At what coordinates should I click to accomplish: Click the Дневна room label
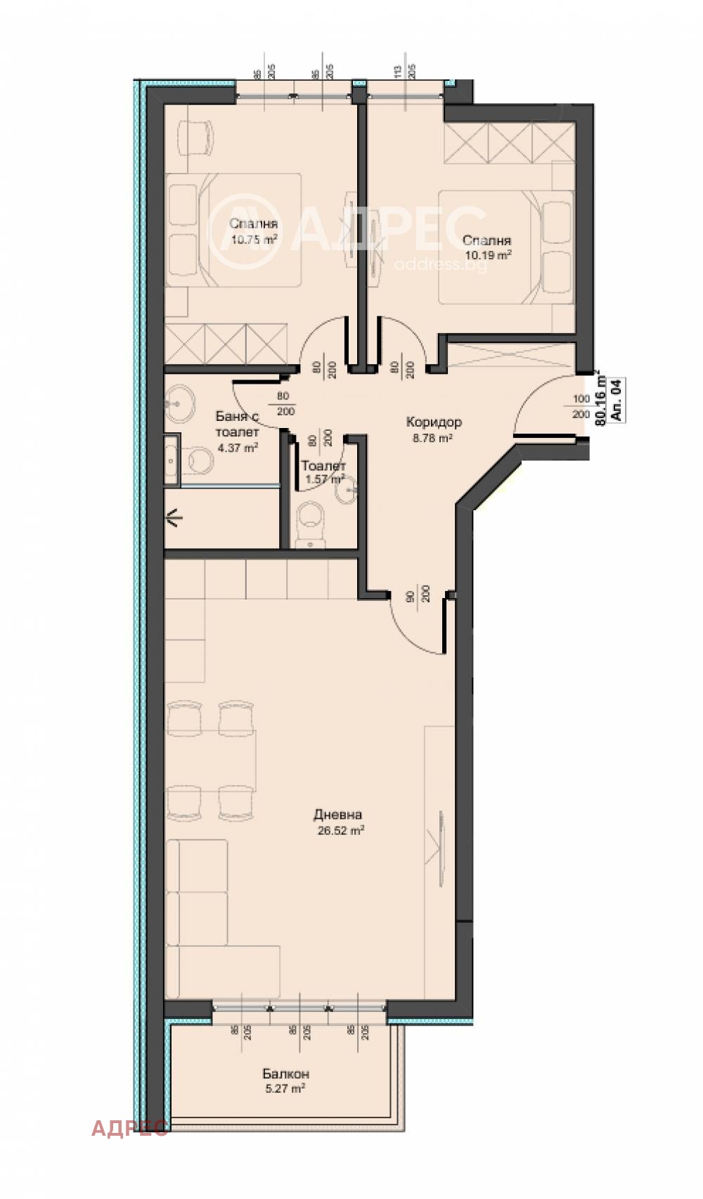(337, 815)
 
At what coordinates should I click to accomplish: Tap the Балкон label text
(285, 1073)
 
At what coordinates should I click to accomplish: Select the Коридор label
(433, 422)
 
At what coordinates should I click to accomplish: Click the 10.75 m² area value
(254, 239)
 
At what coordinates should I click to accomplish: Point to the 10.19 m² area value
(486, 255)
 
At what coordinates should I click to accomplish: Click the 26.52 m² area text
(340, 830)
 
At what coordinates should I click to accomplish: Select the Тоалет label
(323, 465)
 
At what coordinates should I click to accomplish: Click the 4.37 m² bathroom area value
(237, 447)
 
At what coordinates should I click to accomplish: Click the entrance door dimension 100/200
(581, 406)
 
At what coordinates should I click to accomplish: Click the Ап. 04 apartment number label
(617, 400)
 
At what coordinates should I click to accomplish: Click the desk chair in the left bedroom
(195, 136)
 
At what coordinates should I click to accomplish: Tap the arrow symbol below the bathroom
(174, 519)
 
